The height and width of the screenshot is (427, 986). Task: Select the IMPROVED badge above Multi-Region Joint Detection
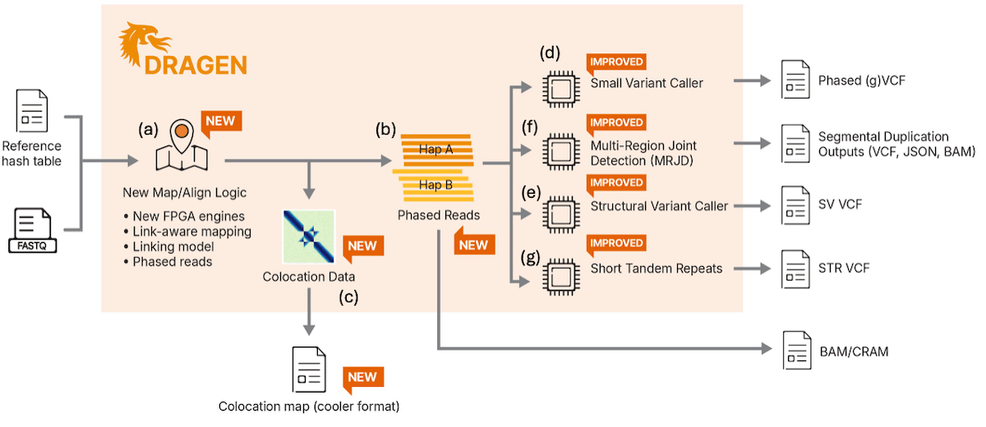(615, 123)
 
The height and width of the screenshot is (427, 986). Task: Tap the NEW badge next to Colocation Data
(362, 246)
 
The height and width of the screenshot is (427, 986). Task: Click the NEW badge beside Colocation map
(362, 379)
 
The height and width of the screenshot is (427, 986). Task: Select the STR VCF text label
(844, 269)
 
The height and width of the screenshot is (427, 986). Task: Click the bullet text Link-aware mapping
(191, 232)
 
